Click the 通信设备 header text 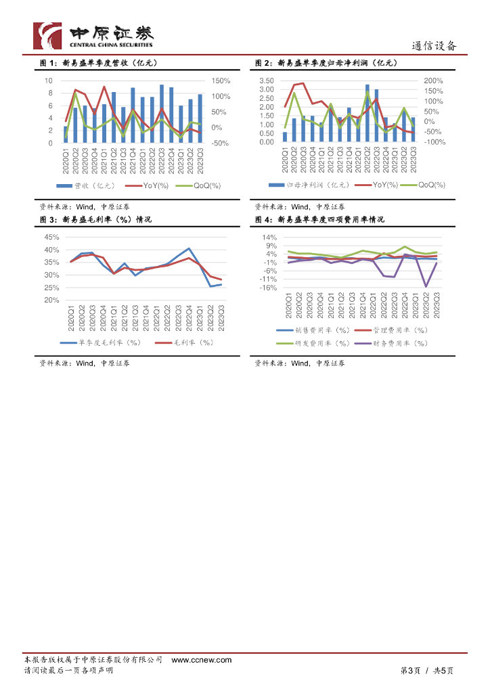[435, 46]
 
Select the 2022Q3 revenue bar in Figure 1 [161, 114]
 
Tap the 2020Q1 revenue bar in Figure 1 [66, 135]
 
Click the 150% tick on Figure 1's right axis [221, 81]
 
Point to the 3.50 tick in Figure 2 [266, 81]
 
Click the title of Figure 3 [95, 220]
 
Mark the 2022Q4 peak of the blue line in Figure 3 [189, 249]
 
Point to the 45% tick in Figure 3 [51, 238]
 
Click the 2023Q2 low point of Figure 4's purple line [426, 286]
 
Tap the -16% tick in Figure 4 [269, 288]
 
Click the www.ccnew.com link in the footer [201, 660]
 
